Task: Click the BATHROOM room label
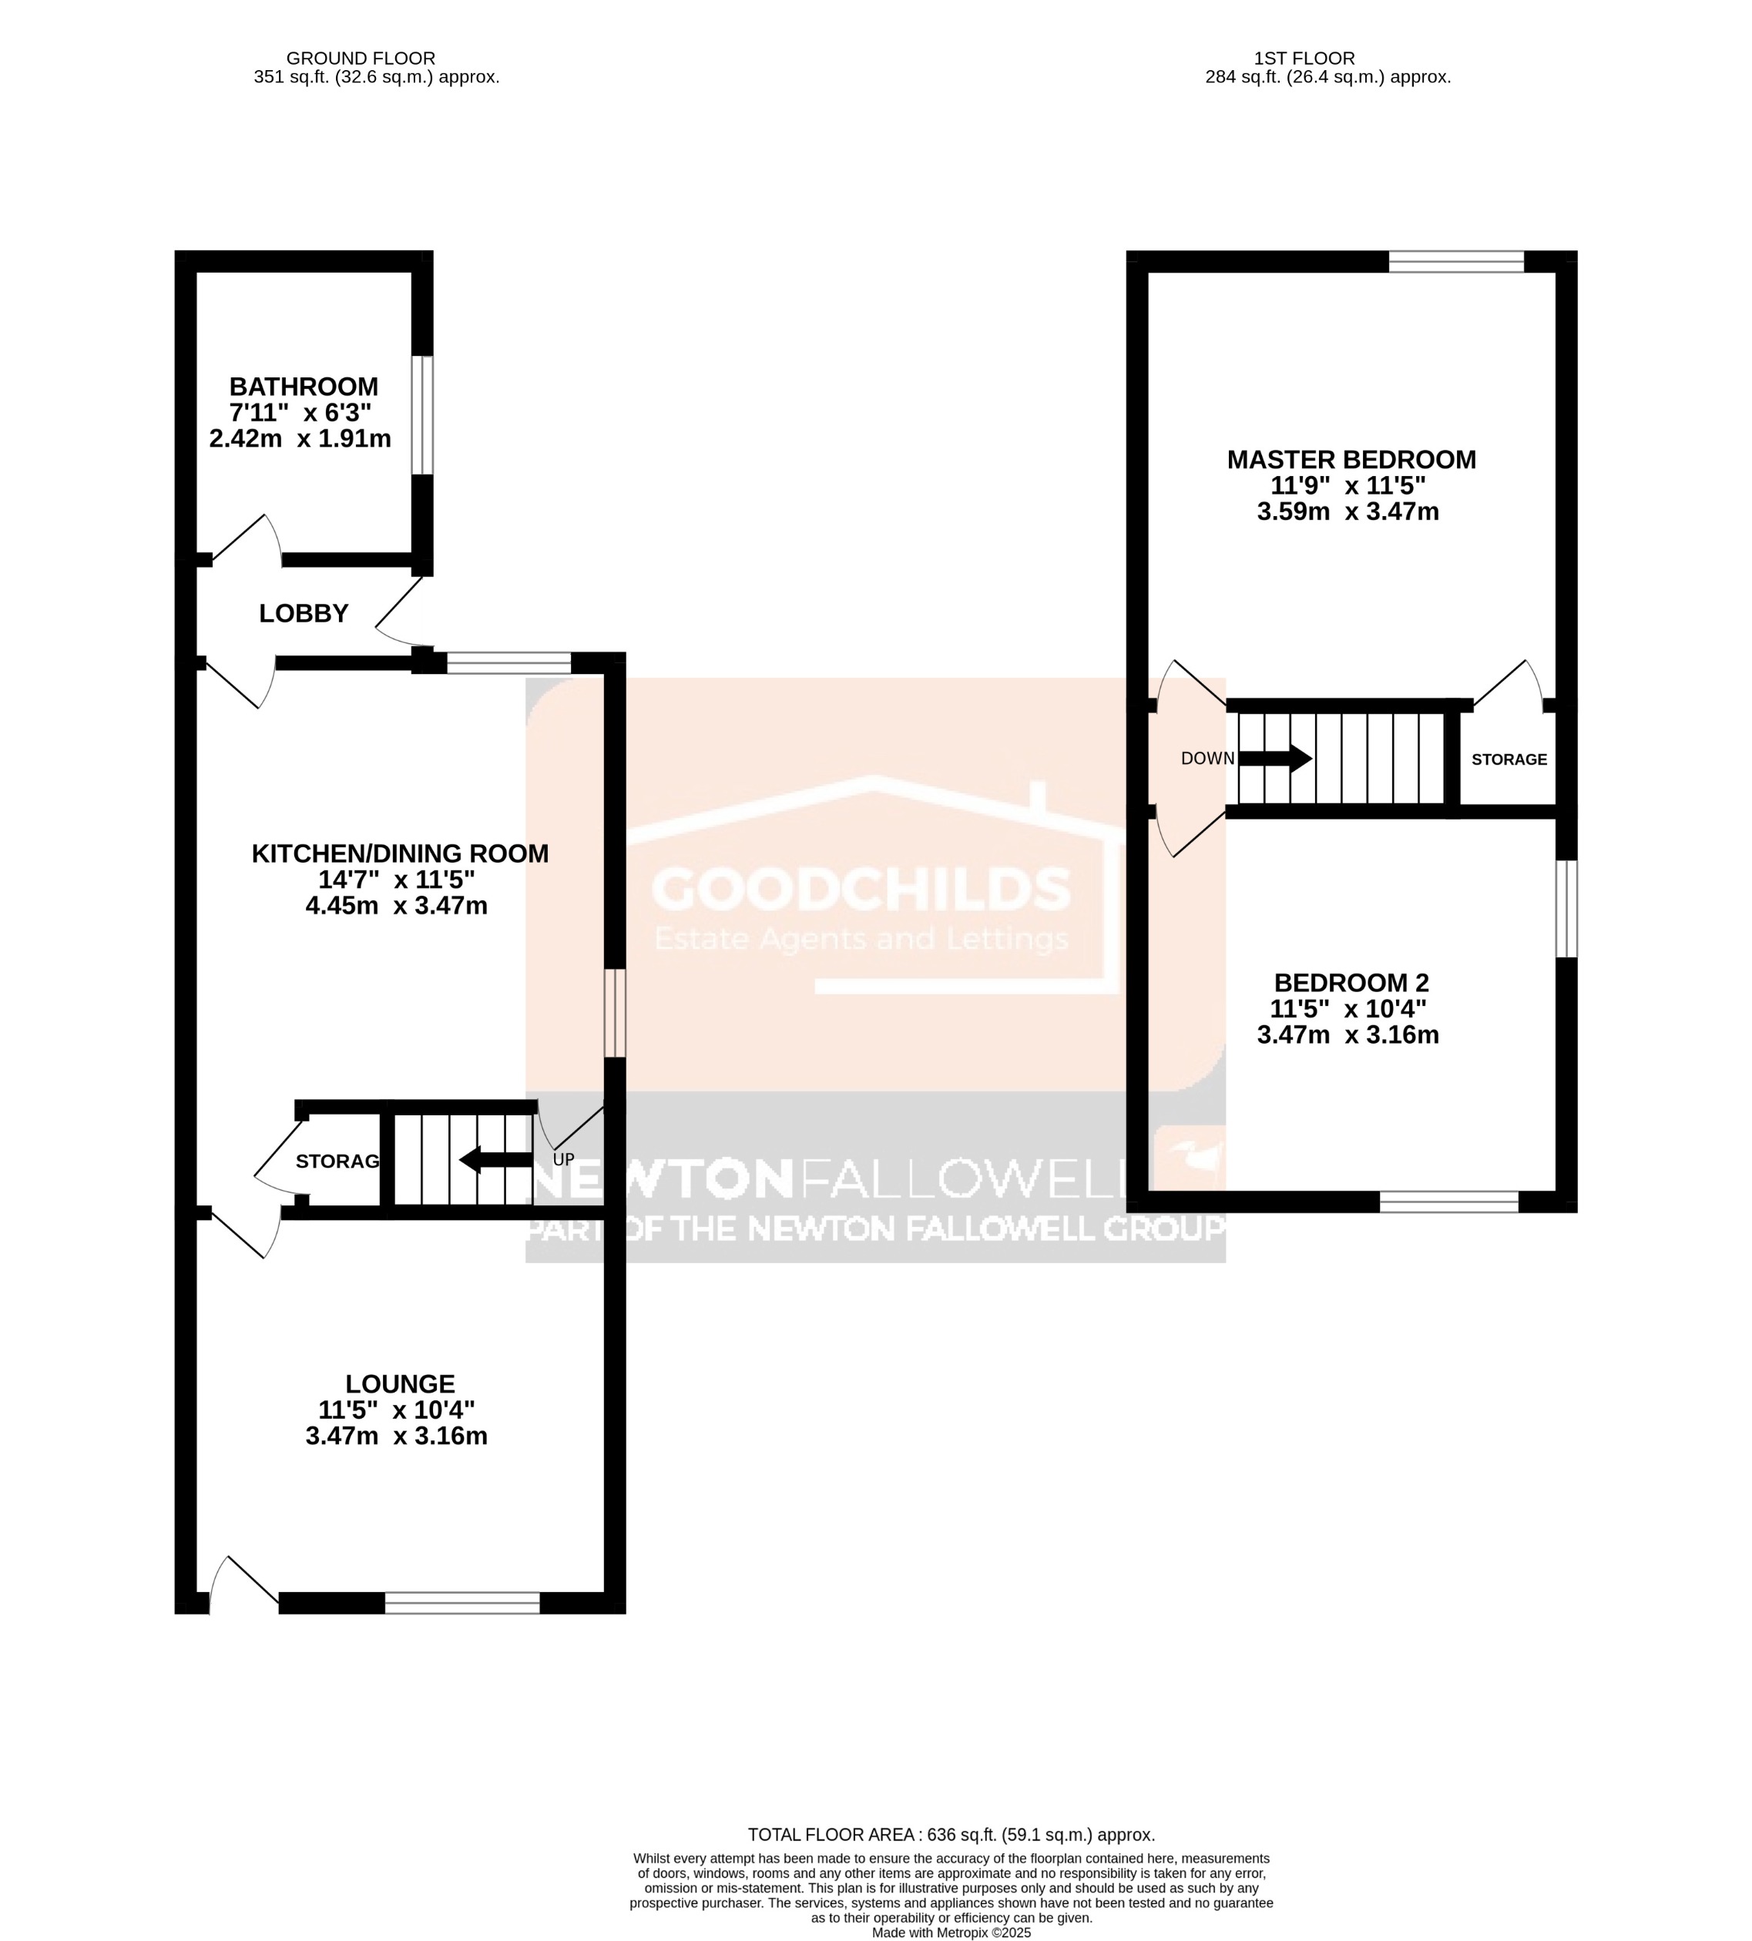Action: coord(304,387)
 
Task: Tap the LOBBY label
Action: coord(304,613)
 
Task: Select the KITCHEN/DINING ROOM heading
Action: coord(400,853)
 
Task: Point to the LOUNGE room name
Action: coord(400,1384)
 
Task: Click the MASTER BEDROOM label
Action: coord(1351,460)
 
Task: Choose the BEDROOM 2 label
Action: coord(1351,984)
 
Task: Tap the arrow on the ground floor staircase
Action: coord(495,1160)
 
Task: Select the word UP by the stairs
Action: coord(563,1160)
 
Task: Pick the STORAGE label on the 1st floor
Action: coord(1509,759)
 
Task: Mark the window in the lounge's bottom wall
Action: coord(462,1602)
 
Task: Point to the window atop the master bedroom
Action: coord(1455,262)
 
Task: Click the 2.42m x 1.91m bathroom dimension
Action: coord(300,440)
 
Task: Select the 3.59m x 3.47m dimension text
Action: coord(1348,512)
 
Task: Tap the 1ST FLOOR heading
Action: coord(1304,59)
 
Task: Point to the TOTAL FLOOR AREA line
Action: coord(951,1835)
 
